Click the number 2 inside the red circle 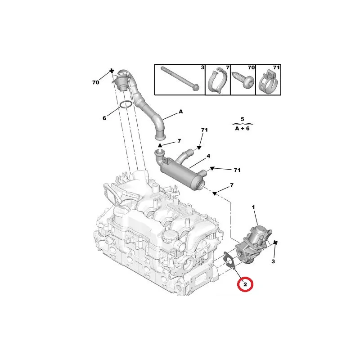[245, 284]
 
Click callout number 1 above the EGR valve [253, 207]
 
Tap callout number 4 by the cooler [208, 156]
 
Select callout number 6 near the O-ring [104, 118]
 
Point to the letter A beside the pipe [181, 112]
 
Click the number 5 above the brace [242, 119]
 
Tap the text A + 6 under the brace [243, 128]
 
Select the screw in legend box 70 [243, 80]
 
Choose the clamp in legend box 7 [217, 81]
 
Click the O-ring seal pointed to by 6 [126, 104]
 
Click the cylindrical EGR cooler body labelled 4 [179, 173]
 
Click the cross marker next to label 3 [275, 243]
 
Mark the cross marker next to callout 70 [112, 71]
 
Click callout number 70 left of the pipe [96, 82]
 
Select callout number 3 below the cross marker [273, 261]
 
